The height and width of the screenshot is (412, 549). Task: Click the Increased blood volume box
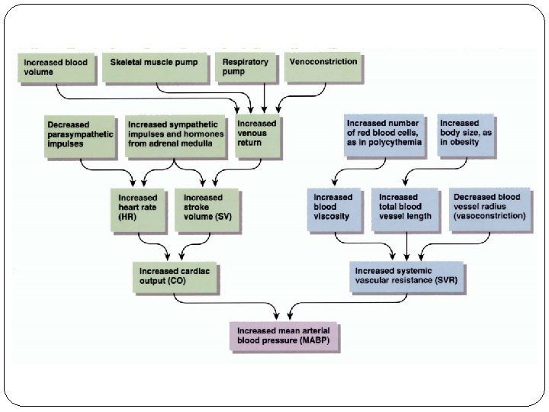tap(56, 68)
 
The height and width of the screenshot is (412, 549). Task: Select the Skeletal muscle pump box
tap(155, 68)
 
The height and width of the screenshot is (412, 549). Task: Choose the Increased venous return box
tap(258, 136)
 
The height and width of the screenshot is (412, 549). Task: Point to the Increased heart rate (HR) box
tap(137, 210)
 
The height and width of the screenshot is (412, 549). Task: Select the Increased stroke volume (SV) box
tap(207, 210)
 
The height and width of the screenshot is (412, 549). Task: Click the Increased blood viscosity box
tap(334, 210)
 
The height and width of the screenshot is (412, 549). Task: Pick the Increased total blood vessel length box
tap(405, 210)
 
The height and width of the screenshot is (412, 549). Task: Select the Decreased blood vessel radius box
tap(490, 210)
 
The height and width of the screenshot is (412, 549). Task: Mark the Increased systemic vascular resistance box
tap(406, 276)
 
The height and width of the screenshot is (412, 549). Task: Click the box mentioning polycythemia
tap(384, 135)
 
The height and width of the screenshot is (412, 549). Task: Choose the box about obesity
tap(466, 135)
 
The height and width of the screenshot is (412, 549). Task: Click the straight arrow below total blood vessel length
tap(406, 246)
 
